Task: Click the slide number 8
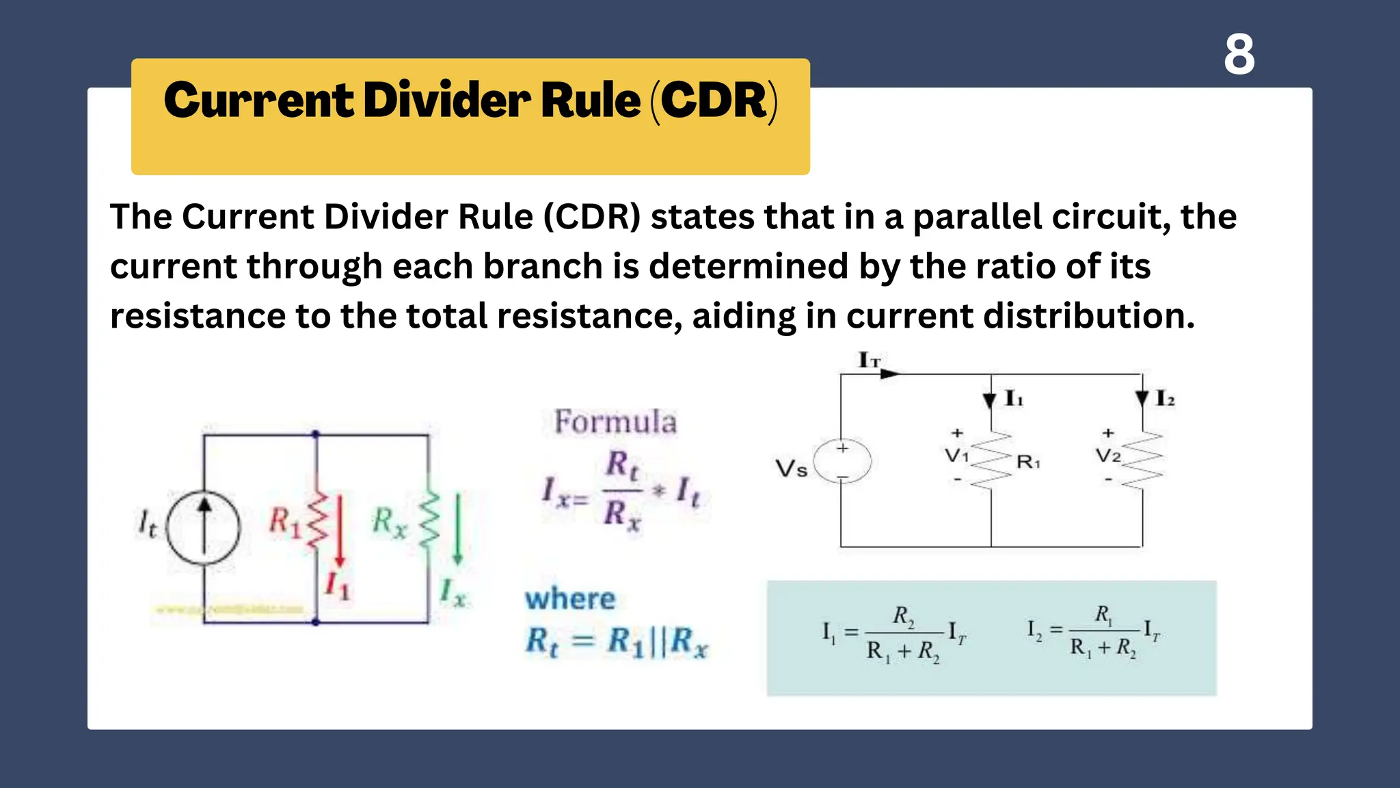[x=1239, y=55]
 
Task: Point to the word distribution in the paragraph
[x=1088, y=317]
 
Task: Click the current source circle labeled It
[x=204, y=527]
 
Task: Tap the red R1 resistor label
[x=284, y=522]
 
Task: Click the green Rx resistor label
[x=389, y=523]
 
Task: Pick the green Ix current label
[x=453, y=592]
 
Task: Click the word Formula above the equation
[x=615, y=422]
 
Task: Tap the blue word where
[x=570, y=599]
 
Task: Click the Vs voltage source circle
[x=843, y=462]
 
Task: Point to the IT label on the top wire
[x=869, y=360]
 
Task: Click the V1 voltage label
[x=956, y=456]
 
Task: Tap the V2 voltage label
[x=1107, y=456]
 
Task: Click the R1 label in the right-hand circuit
[x=1028, y=462]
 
